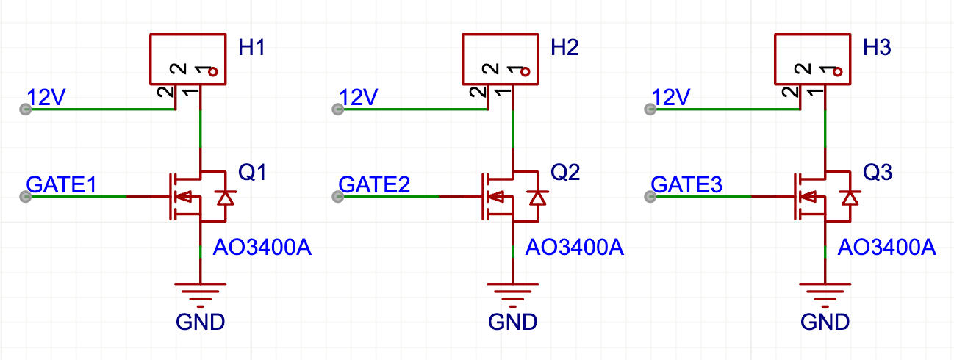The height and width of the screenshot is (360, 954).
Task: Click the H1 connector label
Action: pyautogui.click(x=251, y=48)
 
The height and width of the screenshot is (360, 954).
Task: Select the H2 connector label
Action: pyautogui.click(x=564, y=48)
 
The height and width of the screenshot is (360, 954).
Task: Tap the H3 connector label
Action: pyautogui.click(x=877, y=48)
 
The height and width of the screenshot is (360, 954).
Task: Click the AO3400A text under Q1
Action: pyautogui.click(x=262, y=248)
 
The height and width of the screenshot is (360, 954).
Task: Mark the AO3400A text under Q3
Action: pyautogui.click(x=886, y=248)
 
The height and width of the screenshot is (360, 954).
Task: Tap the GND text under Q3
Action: pyautogui.click(x=825, y=322)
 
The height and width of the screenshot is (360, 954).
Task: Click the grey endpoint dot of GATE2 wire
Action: pyautogui.click(x=338, y=197)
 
